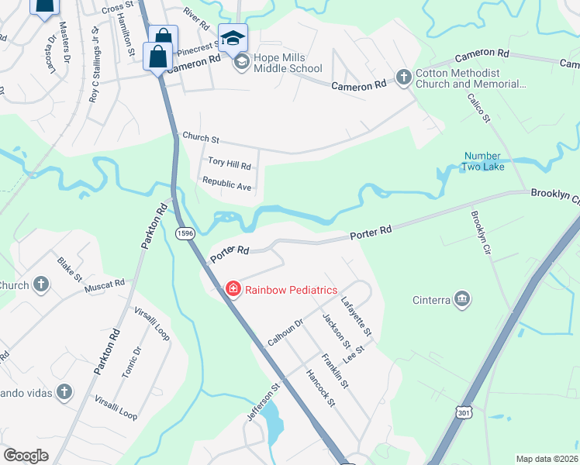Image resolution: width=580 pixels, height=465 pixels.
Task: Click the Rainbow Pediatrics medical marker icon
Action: pyautogui.click(x=232, y=289)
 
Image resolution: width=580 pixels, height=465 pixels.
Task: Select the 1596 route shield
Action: pyautogui.click(x=185, y=232)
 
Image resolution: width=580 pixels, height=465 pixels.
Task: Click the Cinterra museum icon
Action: pyautogui.click(x=463, y=299)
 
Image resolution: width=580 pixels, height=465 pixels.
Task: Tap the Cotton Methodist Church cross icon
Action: pyautogui.click(x=403, y=77)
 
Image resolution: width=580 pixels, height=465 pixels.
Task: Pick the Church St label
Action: pyautogui.click(x=200, y=137)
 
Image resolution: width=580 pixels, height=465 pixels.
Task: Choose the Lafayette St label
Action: pyautogui.click(x=357, y=319)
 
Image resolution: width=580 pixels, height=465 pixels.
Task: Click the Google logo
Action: pyautogui.click(x=26, y=456)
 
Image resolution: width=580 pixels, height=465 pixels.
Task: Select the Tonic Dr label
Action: pyautogui.click(x=132, y=362)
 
